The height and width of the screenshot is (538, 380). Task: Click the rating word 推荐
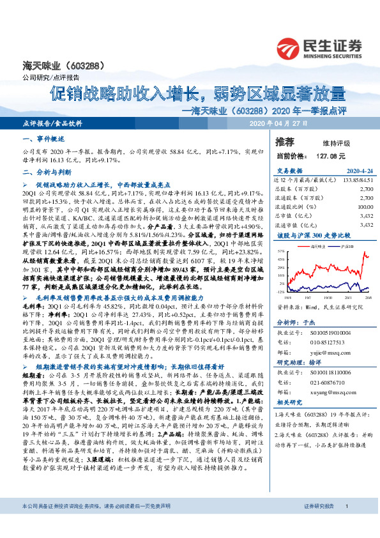(x=285, y=141)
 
